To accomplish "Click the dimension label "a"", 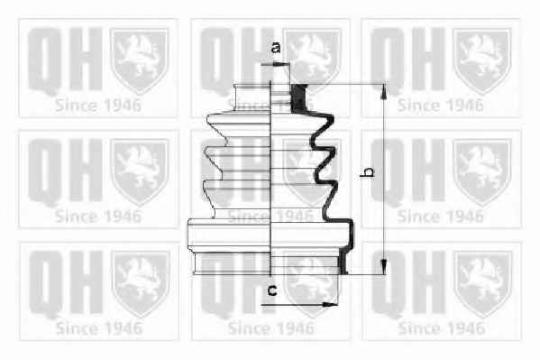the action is coord(276,47).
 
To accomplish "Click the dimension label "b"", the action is coord(368,171).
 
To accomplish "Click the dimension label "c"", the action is coord(272,291).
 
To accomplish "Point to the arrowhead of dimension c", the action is coord(330,304).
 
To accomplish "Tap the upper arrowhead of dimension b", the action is coord(384,92).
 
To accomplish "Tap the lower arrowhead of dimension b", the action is coord(384,267).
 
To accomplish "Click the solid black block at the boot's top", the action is coord(298,98).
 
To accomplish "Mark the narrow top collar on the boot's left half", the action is coord(252,97).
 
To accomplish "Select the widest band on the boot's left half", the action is coord(229,234).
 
